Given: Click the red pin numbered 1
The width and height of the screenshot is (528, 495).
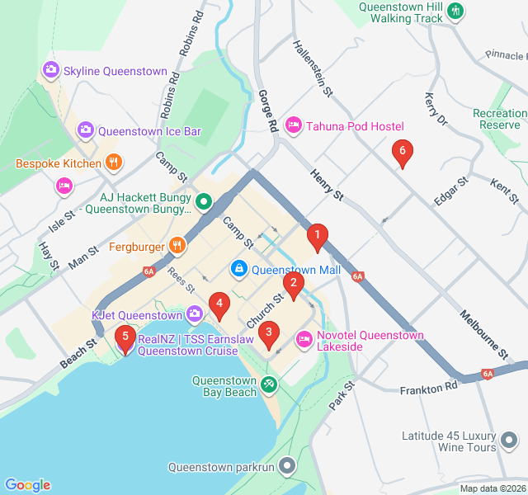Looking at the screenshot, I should [317, 238].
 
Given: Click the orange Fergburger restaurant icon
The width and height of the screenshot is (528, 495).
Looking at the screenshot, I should [177, 246].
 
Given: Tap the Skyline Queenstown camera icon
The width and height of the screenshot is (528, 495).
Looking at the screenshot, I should [50, 71].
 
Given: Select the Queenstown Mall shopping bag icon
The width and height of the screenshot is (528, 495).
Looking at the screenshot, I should [238, 269].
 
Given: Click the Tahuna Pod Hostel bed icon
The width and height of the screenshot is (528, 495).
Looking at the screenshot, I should [293, 125].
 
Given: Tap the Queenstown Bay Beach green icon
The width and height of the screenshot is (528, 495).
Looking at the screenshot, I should [269, 384].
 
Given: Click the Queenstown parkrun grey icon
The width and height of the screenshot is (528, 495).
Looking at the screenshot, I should [286, 466].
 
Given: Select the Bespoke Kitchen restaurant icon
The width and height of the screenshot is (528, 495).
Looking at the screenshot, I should [114, 163].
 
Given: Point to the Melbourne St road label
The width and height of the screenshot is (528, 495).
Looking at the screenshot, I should [483, 333].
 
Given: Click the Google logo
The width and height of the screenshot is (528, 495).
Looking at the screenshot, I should [27, 485].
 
